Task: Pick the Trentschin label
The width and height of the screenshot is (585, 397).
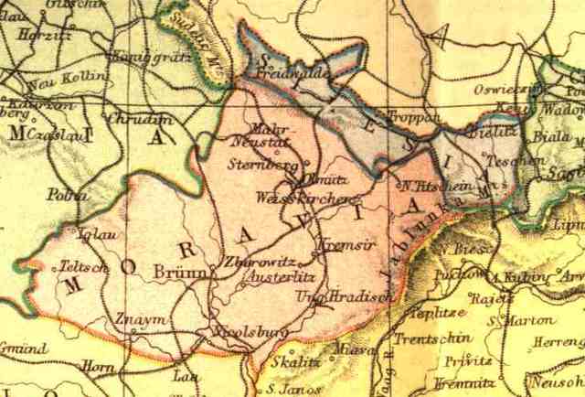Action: (419, 339)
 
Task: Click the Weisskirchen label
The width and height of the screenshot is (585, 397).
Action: (300, 198)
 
